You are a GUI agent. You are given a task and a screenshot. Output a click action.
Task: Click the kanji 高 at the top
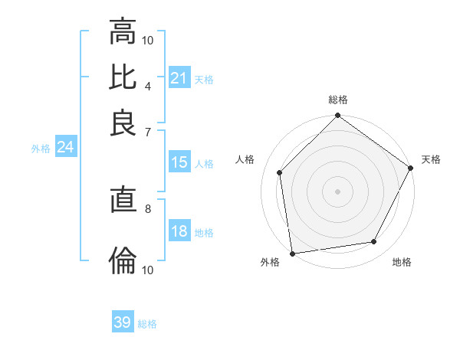coord(123,31)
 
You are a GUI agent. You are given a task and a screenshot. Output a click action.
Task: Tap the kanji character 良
coord(123,123)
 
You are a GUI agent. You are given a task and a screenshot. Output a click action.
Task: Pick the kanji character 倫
coord(123,260)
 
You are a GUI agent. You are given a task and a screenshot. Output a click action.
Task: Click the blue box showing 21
coord(179,78)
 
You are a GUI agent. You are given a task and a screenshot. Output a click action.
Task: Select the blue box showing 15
coord(179,162)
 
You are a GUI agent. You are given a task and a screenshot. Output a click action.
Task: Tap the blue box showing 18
coord(179,231)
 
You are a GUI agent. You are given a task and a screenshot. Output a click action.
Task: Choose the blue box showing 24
coord(65,148)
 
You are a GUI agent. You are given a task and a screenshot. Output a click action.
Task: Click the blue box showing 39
coord(123,322)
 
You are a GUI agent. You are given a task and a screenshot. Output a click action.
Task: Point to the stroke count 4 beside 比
coord(147,87)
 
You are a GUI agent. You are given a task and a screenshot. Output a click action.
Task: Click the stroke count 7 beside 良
coord(147,133)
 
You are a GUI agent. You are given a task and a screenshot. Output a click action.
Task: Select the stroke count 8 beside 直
coord(147,208)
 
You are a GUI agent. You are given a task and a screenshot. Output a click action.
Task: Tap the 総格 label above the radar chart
coord(337,100)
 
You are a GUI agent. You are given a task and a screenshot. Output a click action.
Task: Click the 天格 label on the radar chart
coord(431,159)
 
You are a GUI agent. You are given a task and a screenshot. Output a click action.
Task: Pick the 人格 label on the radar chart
coord(246,159)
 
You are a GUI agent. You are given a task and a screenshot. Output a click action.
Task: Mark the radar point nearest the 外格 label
coord(292,254)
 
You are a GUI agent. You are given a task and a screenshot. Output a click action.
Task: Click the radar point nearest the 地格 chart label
coord(374,242)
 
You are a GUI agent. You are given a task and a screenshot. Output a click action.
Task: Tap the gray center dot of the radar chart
coord(337,191)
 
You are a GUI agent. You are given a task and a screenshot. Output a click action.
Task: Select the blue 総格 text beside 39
coord(147,324)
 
